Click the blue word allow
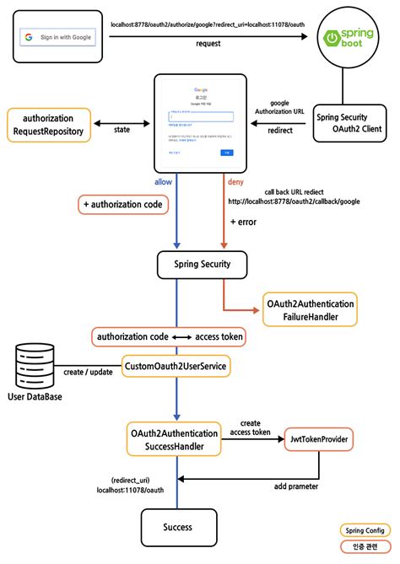click(164, 182)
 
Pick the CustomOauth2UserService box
click(176, 367)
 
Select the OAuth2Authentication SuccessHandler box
click(176, 440)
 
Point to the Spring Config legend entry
click(363, 530)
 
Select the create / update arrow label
click(87, 371)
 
